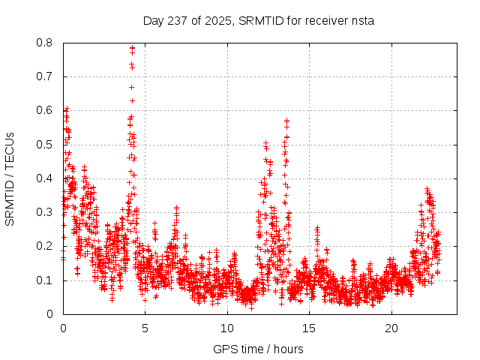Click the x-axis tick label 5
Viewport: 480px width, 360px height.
click(x=145, y=328)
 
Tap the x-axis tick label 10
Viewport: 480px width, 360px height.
click(x=227, y=328)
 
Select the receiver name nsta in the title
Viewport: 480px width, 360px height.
click(x=361, y=20)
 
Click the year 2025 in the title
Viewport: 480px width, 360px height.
click(x=219, y=20)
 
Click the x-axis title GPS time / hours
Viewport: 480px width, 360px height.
click(x=258, y=349)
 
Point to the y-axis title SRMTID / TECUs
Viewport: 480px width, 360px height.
click(x=10, y=178)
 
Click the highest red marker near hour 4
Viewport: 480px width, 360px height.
click(x=132, y=48)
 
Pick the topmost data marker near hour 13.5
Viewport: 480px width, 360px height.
click(x=286, y=120)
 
